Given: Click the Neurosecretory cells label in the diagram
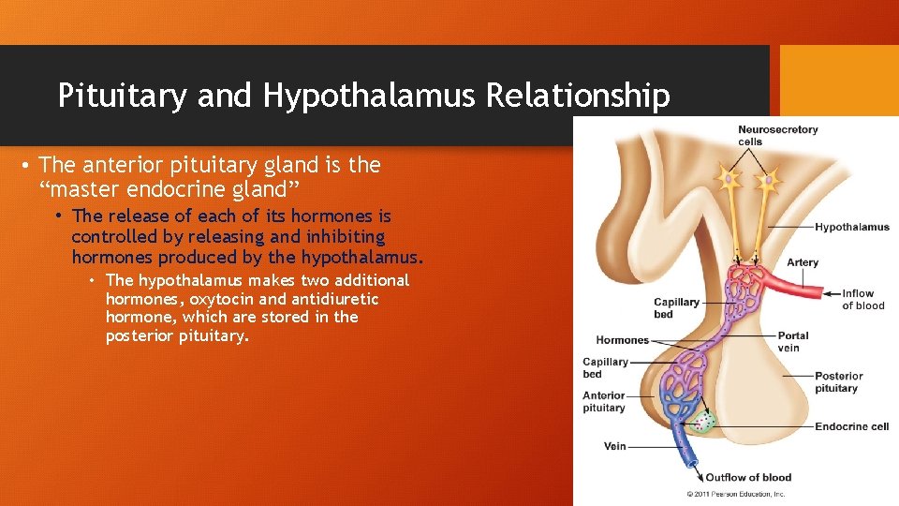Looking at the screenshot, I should (776, 136).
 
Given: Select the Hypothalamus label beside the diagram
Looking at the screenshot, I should (851, 227).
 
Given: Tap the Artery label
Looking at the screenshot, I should (802, 262).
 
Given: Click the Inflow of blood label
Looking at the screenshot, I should (862, 299).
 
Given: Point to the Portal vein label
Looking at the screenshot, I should (792, 341).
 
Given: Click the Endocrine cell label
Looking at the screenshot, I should (851, 426).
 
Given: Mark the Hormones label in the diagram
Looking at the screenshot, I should (622, 340).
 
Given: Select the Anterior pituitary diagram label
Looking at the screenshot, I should (604, 401).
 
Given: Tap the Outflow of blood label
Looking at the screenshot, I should (747, 478).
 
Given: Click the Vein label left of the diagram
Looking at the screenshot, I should (614, 446).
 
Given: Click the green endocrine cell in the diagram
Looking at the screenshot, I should (703, 422).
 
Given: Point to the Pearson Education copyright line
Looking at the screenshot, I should (736, 493).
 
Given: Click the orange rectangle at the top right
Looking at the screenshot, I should (839, 80).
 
